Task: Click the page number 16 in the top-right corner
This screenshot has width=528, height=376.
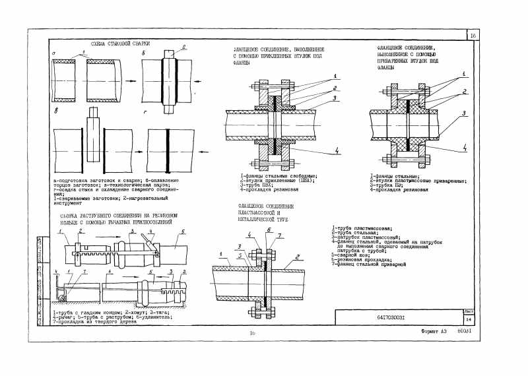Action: (473, 36)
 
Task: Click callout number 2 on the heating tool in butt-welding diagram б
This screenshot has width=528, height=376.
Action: (185, 47)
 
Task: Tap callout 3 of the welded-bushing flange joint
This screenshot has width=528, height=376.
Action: (465, 113)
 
